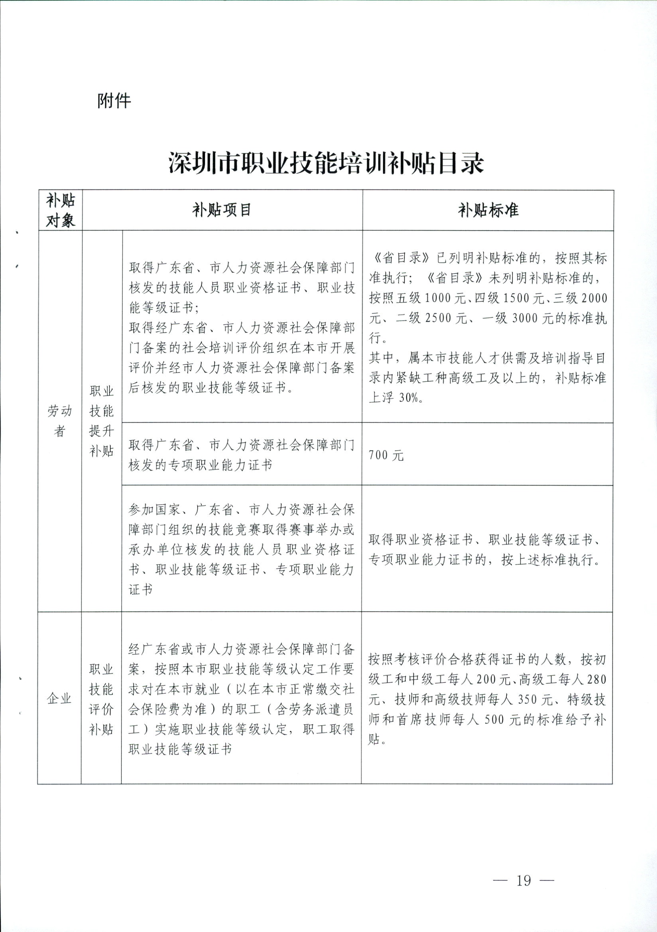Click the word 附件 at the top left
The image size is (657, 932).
[x=114, y=101]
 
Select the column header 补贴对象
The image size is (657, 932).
[x=60, y=210]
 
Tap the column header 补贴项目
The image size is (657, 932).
[x=222, y=210]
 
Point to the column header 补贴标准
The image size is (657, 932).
[x=488, y=210]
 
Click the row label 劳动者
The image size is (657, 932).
[x=60, y=421]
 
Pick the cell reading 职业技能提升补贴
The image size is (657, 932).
[x=101, y=421]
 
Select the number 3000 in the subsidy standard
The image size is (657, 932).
[x=527, y=318]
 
